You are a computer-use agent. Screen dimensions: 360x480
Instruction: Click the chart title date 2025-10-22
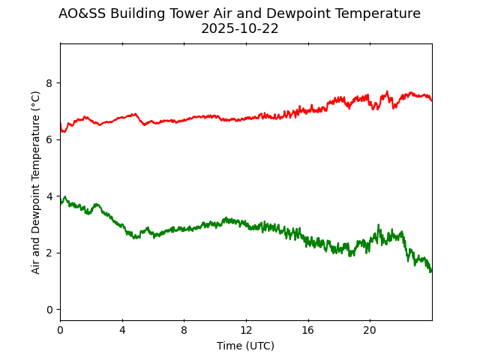(x=239, y=29)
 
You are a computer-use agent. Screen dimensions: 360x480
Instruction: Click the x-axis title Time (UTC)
(x=245, y=346)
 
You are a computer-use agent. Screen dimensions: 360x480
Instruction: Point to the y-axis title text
(x=36, y=182)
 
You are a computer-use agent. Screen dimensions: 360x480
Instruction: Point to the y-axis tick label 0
(x=50, y=309)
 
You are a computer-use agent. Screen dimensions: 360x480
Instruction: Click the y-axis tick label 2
(x=50, y=253)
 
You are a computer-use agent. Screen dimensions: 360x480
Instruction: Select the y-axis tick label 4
(x=50, y=196)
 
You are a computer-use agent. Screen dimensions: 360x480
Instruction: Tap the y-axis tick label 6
(x=50, y=139)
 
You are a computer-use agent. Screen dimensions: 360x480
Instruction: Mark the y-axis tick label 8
(x=50, y=82)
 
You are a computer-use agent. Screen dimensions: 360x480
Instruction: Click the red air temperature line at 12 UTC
(x=246, y=118)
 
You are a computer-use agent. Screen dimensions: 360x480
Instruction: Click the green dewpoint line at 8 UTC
(x=184, y=229)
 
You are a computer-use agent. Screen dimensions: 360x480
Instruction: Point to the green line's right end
(x=431, y=271)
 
